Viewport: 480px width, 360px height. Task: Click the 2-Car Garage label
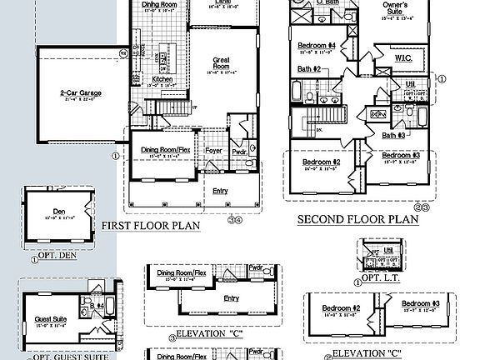(x=80, y=92)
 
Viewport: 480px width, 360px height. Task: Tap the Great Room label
(x=220, y=60)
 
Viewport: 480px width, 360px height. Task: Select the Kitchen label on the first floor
(x=162, y=79)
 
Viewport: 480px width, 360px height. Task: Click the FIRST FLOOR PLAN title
(x=152, y=225)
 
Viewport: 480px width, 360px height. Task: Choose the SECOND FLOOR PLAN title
(x=358, y=219)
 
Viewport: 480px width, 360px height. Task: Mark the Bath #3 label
(x=392, y=135)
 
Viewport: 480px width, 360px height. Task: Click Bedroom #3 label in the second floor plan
(x=400, y=156)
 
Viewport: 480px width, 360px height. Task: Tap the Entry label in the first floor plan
(x=220, y=191)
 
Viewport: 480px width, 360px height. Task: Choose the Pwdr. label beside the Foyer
(x=239, y=152)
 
